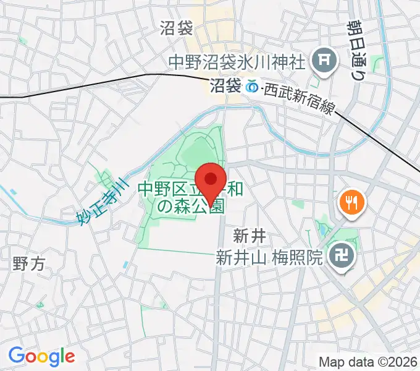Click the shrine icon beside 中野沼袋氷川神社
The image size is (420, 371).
coord(323,61)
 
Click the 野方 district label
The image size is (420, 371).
coord(29,265)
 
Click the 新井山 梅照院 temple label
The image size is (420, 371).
coord(269,258)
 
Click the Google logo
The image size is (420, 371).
coord(41,356)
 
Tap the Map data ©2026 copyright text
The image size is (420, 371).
coord(367,361)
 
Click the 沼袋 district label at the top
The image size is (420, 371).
coord(177,28)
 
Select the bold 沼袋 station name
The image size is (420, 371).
coord(225,87)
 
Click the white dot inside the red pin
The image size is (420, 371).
coord(212,179)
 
